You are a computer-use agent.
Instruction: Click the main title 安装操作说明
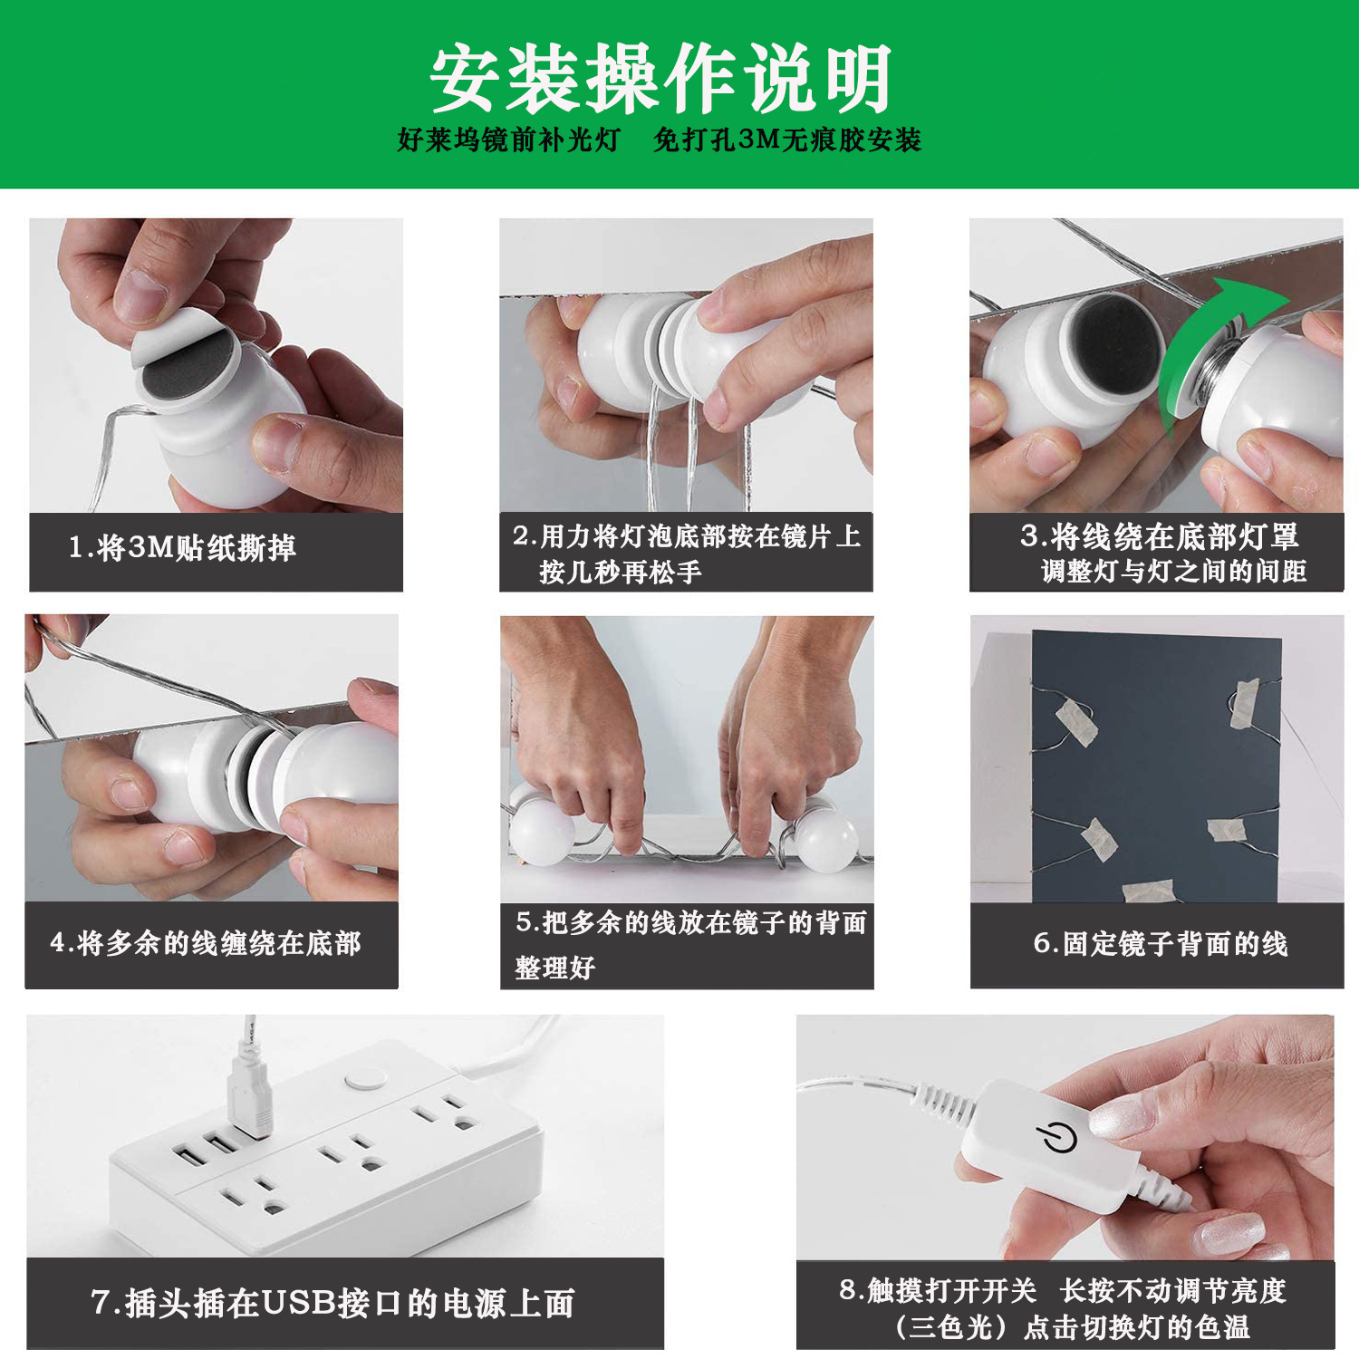pyautogui.click(x=660, y=80)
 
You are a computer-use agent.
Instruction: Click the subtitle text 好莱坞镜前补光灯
pyautogui.click(x=508, y=140)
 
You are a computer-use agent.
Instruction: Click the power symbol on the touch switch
pyautogui.click(x=1056, y=1136)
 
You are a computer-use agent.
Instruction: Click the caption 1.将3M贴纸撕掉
pyautogui.click(x=183, y=548)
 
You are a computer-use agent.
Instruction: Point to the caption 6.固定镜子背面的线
pyautogui.click(x=1160, y=943)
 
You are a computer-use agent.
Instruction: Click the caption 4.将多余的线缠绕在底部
pyautogui.click(x=206, y=943)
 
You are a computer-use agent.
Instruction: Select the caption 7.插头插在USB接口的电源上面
pyautogui.click(x=333, y=1303)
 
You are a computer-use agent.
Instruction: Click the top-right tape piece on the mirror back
pyautogui.click(x=1244, y=703)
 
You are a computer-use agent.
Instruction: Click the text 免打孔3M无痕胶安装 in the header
pyautogui.click(x=786, y=140)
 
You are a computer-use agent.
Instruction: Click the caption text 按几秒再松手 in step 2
pyautogui.click(x=620, y=573)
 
